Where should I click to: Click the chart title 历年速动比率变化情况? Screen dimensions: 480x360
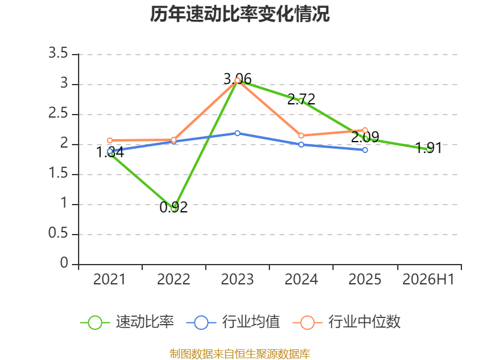click(x=239, y=14)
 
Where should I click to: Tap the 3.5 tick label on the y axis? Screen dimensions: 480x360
click(x=58, y=53)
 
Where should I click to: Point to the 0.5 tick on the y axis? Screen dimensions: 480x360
click(x=58, y=233)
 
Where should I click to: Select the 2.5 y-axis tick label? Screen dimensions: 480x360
click(x=58, y=113)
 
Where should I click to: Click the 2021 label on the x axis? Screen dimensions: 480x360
click(x=109, y=279)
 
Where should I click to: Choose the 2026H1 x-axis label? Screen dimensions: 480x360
click(x=428, y=279)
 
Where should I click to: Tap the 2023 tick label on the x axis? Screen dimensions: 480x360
click(x=237, y=279)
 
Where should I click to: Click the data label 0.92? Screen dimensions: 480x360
click(x=173, y=207)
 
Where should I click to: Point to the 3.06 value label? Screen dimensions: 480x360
click(x=238, y=79)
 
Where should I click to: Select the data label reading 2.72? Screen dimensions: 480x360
click(x=301, y=99)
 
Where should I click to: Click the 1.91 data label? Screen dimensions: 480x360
click(x=428, y=148)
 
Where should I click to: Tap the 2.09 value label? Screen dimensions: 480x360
click(x=365, y=137)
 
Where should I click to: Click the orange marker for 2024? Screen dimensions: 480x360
click(x=301, y=136)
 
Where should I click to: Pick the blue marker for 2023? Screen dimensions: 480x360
click(x=238, y=133)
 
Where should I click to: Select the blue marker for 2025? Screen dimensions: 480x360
click(x=365, y=150)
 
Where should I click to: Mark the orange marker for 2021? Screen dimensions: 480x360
click(x=110, y=140)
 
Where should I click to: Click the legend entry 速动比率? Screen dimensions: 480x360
click(x=127, y=322)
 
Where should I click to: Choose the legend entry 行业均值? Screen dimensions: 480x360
click(x=233, y=322)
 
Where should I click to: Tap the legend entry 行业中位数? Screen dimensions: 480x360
click(x=347, y=322)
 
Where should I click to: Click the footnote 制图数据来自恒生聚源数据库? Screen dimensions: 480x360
click(x=240, y=354)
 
